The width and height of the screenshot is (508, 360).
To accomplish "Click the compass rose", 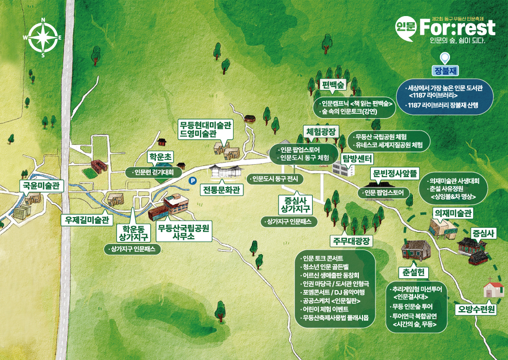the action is point(43,38).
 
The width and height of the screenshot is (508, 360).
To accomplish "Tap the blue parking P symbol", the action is point(193,181).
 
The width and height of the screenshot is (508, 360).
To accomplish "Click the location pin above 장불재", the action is point(444,59).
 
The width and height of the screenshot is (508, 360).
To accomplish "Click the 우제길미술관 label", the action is point(86,220).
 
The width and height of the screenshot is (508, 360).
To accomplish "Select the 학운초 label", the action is point(160,156).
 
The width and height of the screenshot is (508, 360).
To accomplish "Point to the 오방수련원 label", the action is point(476,310).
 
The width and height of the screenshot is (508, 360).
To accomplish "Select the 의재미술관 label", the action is point(453,213).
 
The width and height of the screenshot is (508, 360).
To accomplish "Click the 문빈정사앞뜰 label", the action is point(395,175).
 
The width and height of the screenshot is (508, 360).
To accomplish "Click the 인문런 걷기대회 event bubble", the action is point(154,172).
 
